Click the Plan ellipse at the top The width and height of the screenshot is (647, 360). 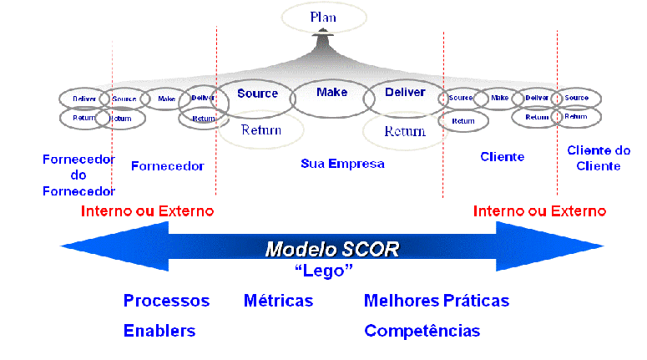(323, 17)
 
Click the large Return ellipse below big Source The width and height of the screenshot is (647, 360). (260, 130)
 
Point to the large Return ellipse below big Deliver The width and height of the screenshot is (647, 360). (405, 131)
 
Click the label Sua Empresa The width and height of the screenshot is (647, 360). (342, 164)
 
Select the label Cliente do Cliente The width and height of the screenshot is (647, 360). (599, 158)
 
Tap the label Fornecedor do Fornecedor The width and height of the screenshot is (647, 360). (78, 175)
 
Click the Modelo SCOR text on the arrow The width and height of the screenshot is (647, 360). (332, 249)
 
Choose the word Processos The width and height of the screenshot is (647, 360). (166, 301)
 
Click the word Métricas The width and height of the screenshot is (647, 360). (279, 301)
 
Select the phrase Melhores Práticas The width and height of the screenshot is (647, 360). (436, 301)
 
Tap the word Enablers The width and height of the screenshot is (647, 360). (159, 331)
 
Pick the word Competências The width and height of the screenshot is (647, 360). (422, 331)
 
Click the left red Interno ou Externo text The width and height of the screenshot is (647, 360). (147, 210)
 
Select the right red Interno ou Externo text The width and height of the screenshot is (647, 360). (539, 210)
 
